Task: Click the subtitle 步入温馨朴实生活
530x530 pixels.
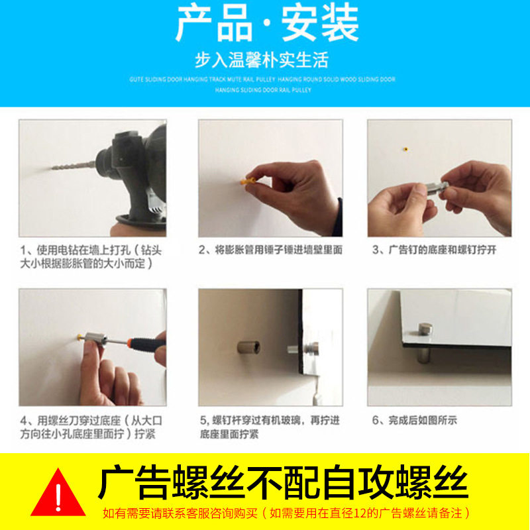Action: point(262,61)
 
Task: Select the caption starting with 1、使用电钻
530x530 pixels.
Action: point(89,256)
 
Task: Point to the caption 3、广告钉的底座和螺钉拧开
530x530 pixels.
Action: point(434,250)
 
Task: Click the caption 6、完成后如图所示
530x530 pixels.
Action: point(415,420)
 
